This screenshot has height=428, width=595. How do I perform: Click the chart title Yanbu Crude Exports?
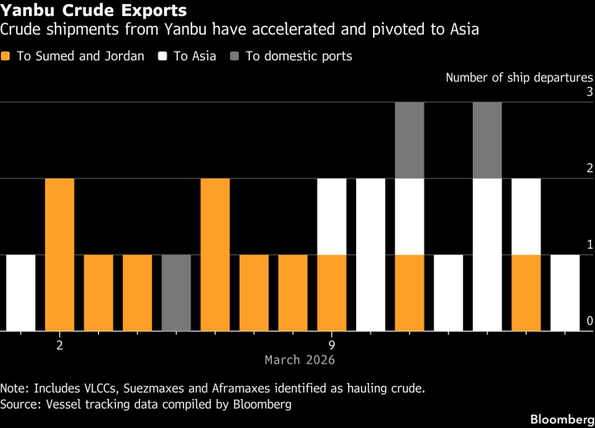click(95, 11)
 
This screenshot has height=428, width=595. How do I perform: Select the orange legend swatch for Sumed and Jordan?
click(7, 56)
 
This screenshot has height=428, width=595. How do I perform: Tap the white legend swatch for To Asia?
click(162, 56)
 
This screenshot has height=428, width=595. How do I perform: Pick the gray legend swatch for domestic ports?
click(233, 56)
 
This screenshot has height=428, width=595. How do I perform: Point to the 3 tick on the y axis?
click(589, 93)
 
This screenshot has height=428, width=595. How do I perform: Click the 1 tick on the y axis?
click(589, 245)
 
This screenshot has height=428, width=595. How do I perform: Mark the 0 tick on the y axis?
click(589, 322)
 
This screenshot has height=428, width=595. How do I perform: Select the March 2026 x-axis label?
click(300, 360)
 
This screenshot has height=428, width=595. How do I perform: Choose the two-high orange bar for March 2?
click(59, 254)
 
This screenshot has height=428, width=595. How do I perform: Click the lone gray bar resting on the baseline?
click(176, 293)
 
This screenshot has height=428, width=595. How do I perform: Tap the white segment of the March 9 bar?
click(332, 216)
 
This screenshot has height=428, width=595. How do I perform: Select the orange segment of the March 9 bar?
click(332, 293)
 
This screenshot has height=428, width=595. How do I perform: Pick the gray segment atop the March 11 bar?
click(409, 140)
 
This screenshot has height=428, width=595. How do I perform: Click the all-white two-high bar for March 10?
click(371, 254)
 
